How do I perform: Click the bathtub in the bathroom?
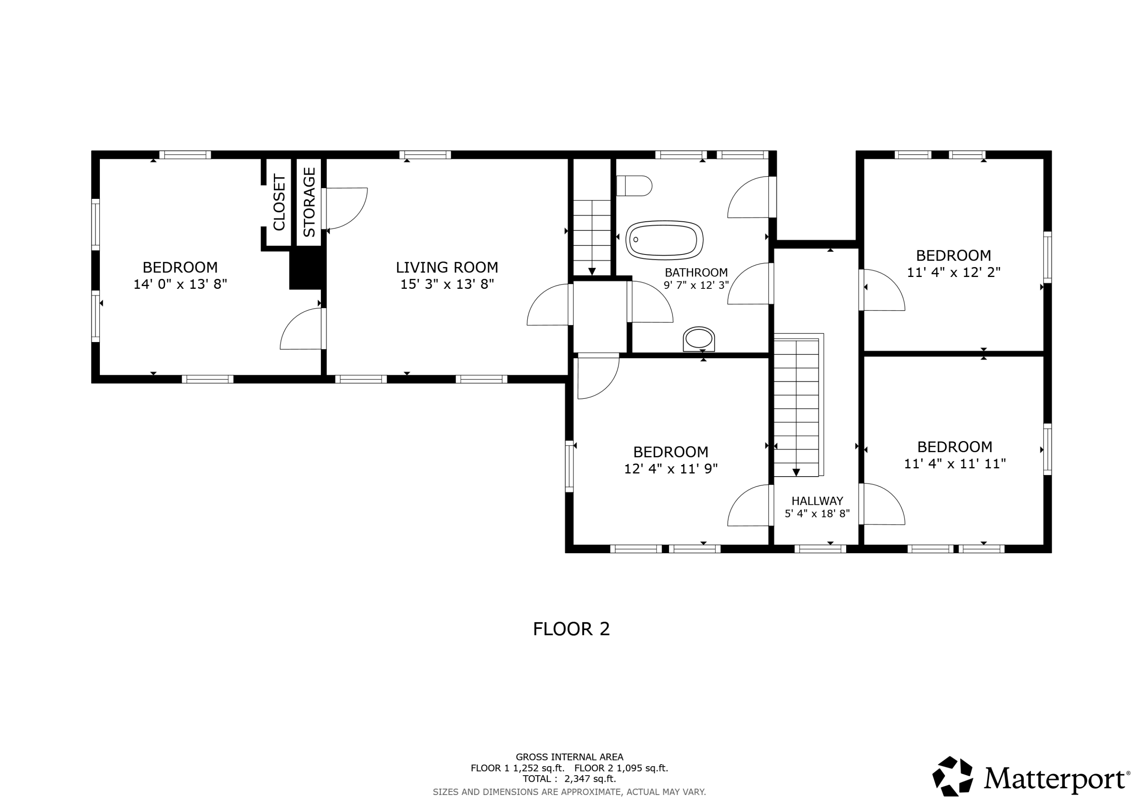click(664, 240)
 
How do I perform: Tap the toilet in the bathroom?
click(634, 186)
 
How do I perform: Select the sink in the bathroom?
click(699, 339)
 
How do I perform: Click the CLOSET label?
click(279, 202)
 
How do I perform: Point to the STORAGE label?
click(309, 202)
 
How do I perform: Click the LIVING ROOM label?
click(447, 267)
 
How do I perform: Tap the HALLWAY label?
click(817, 501)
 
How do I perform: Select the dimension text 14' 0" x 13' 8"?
click(180, 284)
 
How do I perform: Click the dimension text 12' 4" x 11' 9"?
click(671, 469)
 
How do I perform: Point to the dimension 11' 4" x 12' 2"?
click(954, 272)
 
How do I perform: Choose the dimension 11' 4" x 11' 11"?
click(955, 464)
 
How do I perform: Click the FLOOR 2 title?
click(571, 629)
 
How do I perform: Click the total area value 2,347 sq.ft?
click(591, 779)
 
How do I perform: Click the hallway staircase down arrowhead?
click(796, 472)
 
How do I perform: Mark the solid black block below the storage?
click(307, 269)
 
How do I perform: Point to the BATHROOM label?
click(696, 272)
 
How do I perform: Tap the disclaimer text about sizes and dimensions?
click(570, 792)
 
